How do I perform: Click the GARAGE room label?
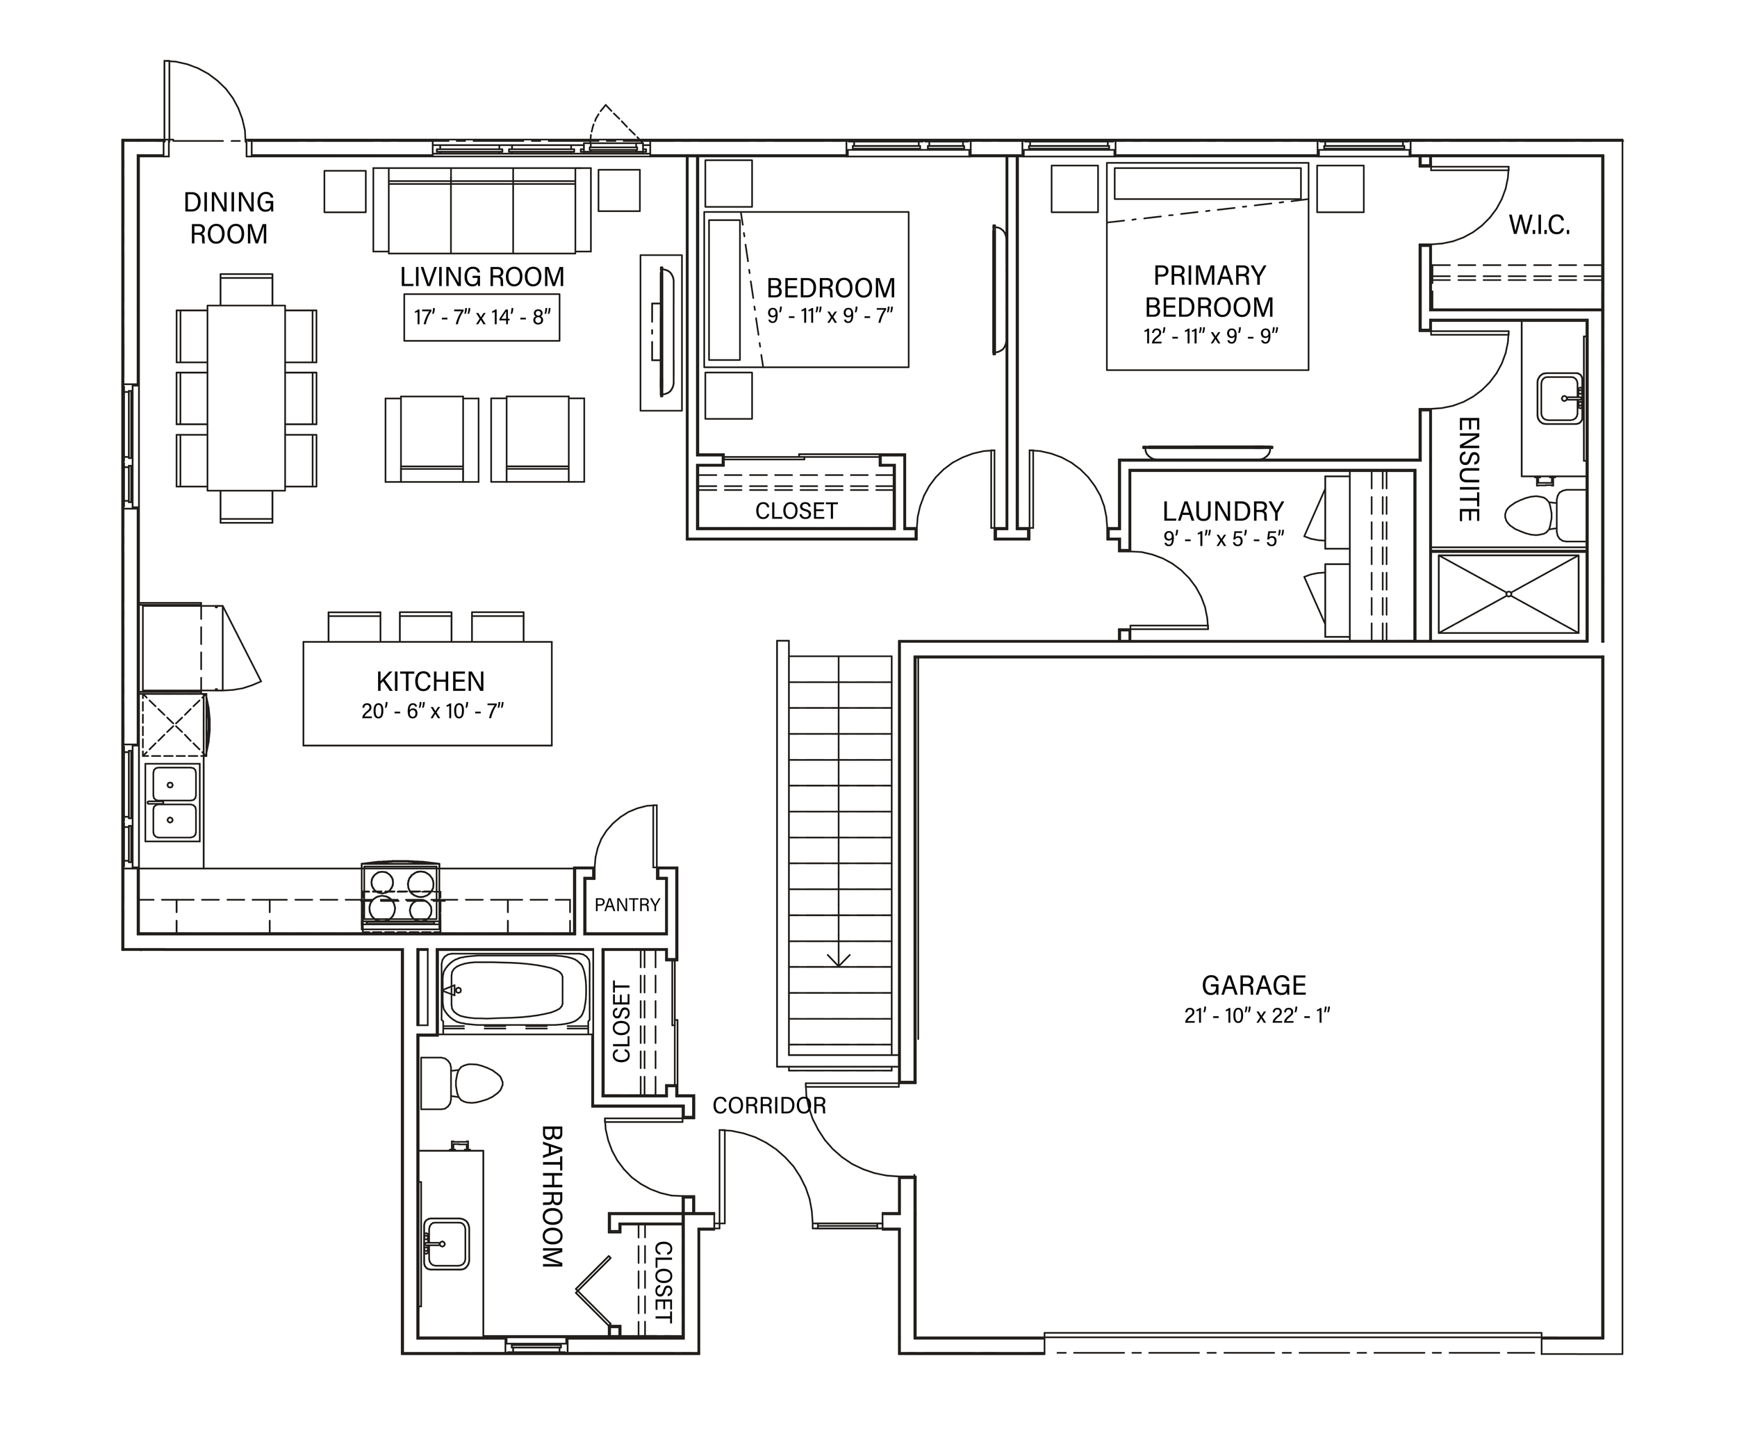1253,986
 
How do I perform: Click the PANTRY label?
627,906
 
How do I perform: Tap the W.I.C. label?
1539,226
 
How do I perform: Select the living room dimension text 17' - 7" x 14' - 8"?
482,317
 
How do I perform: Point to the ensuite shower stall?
1508,594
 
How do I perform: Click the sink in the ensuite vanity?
1560,398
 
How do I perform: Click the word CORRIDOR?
768,1106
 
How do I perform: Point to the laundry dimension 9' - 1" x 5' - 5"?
1224,539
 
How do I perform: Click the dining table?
246,398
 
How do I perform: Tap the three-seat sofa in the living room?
482,210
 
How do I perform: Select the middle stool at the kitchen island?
425,626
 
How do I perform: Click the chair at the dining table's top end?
246,290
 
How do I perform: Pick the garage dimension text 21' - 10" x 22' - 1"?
1256,1015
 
